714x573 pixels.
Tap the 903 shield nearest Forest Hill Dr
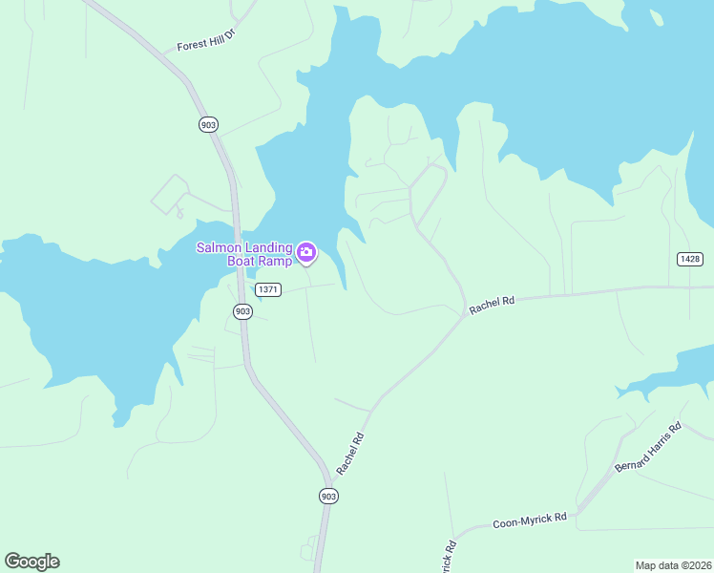[x=209, y=124]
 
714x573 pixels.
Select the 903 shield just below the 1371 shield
[x=242, y=311]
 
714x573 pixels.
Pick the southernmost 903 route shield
[x=328, y=496]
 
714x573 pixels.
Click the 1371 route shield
[x=268, y=289]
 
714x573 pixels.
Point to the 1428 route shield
[x=689, y=259]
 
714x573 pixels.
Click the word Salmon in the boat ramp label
[x=217, y=247]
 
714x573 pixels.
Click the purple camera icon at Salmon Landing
[x=306, y=252]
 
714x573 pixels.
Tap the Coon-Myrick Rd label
[x=530, y=521]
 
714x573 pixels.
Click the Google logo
[x=31, y=561]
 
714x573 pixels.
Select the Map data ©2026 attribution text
[x=673, y=564]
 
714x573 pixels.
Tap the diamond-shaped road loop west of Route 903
[x=168, y=194]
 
